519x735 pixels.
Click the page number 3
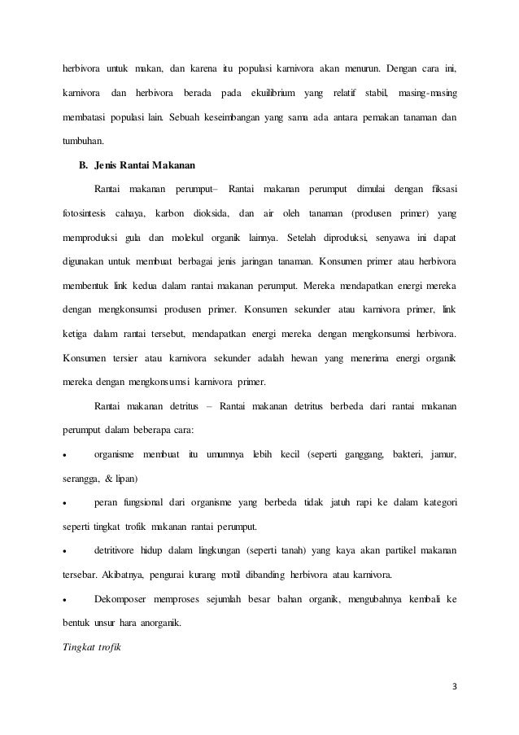point(454,692)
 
